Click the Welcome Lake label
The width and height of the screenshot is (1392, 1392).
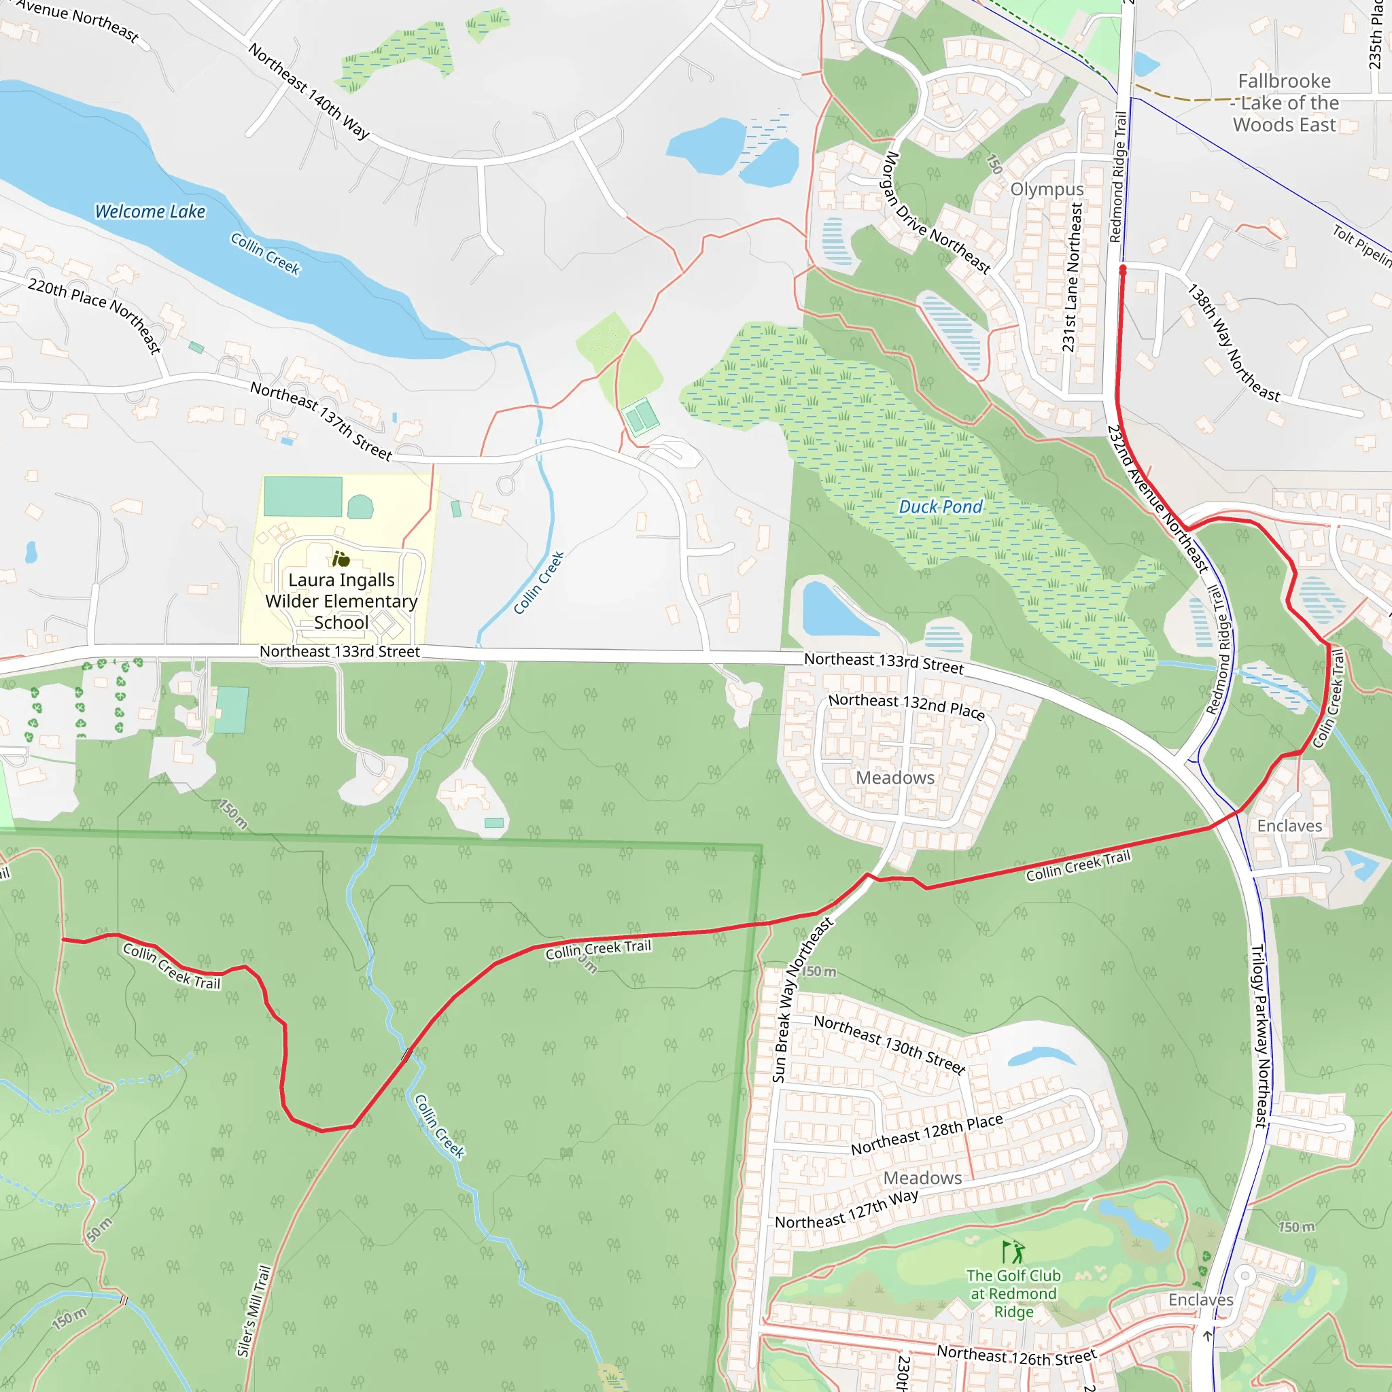(150, 211)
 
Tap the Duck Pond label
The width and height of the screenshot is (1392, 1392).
(939, 506)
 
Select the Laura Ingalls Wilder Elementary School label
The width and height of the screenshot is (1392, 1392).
(341, 600)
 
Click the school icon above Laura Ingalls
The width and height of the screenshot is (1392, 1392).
(340, 559)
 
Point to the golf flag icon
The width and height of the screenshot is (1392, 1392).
(1012, 1251)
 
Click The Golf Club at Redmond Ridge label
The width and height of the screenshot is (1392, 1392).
(1013, 1293)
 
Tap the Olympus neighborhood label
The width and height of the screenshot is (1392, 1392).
(1046, 189)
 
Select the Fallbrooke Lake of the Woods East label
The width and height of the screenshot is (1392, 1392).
(1285, 103)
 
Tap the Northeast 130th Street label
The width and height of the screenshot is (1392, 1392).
(889, 1044)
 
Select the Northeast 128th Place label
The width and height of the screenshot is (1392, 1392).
(926, 1135)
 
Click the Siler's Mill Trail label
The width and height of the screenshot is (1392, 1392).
(254, 1311)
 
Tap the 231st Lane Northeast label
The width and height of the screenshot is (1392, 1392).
(1072, 277)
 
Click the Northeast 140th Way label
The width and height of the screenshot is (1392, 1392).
(309, 91)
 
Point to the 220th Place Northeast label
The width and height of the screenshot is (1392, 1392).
(94, 315)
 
